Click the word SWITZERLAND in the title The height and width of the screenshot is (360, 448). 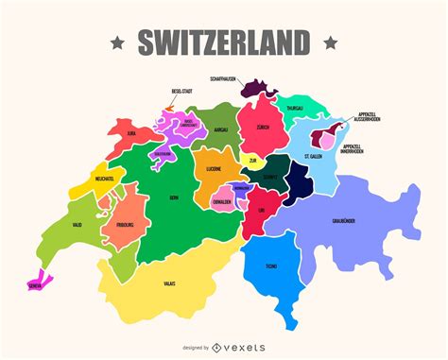pyautogui.click(x=224, y=43)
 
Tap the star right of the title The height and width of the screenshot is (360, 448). pyautogui.click(x=330, y=43)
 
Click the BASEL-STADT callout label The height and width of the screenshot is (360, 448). pyautogui.click(x=182, y=92)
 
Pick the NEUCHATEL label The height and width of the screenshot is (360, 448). pyautogui.click(x=104, y=178)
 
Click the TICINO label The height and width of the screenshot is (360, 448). pyautogui.click(x=271, y=266)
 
